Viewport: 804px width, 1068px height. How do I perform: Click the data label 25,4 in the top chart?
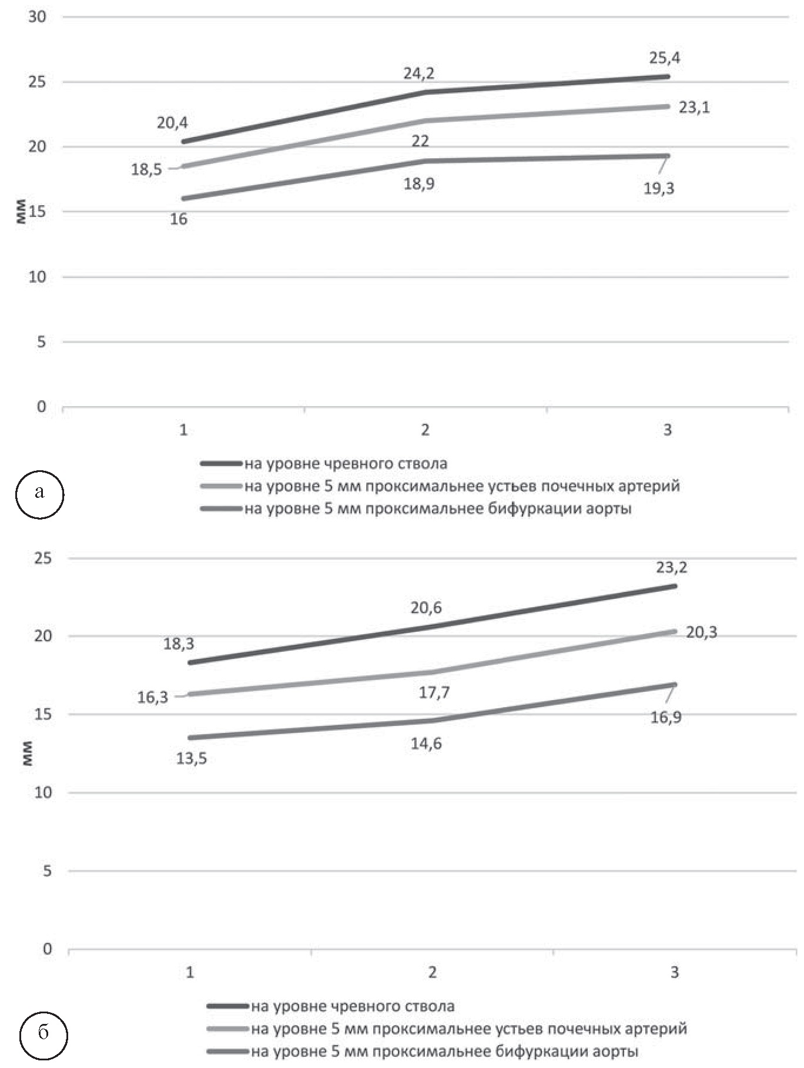pyautogui.click(x=665, y=58)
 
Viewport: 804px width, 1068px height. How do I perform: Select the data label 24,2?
pyautogui.click(x=419, y=74)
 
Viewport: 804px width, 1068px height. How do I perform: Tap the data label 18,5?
pyautogui.click(x=146, y=170)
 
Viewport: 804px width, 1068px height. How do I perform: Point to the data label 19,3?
pyautogui.click(x=659, y=189)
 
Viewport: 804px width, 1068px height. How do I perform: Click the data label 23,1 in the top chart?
pyautogui.click(x=694, y=108)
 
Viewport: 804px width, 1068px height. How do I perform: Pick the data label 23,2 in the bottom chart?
pyautogui.click(x=672, y=568)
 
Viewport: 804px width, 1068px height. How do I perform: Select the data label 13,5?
pyautogui.click(x=192, y=759)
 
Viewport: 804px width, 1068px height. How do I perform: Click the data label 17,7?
pyautogui.click(x=434, y=693)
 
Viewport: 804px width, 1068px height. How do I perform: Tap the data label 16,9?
pyautogui.click(x=666, y=718)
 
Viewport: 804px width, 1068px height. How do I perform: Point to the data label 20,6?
pyautogui.click(x=426, y=608)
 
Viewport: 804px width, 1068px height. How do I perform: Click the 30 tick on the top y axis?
pyautogui.click(x=37, y=17)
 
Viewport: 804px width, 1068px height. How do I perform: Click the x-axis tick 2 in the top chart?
pyautogui.click(x=426, y=430)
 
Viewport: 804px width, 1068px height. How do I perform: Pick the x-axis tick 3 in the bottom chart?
pyautogui.click(x=674, y=973)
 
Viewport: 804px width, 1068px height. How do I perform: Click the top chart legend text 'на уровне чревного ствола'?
pyautogui.click(x=346, y=464)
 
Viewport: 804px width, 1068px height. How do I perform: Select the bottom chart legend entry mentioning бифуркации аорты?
pyautogui.click(x=444, y=1052)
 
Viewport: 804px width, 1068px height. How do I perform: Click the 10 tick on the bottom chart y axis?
pyautogui.click(x=43, y=793)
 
